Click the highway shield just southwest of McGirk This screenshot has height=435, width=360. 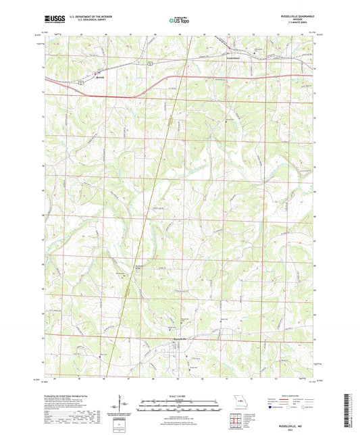79,82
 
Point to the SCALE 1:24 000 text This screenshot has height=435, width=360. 180,395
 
